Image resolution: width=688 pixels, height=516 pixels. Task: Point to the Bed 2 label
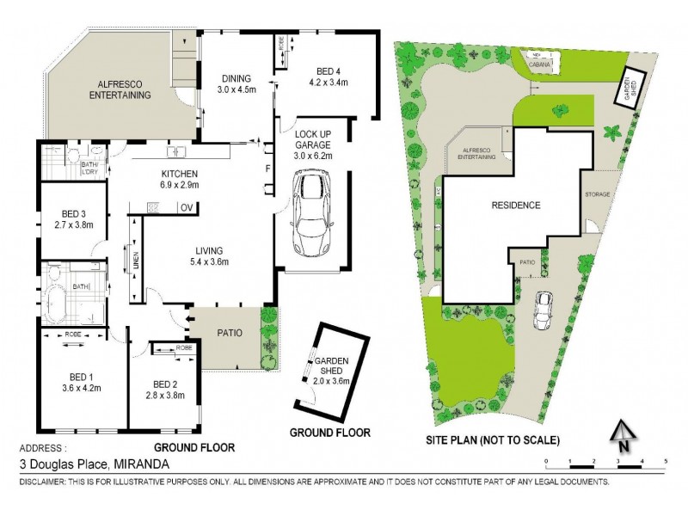coord(163,389)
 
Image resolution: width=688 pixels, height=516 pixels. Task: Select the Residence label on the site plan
coord(515,205)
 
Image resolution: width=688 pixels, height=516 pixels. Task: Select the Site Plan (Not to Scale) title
coord(493,440)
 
